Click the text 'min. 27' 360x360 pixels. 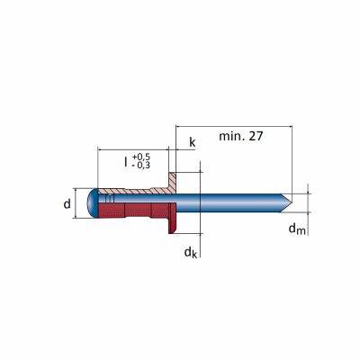[241, 136]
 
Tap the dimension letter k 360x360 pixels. [192, 142]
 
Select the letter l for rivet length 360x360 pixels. [126, 162]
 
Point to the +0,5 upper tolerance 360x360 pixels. [141, 157]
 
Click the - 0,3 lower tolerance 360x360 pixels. [141, 165]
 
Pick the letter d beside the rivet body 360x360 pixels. [67, 204]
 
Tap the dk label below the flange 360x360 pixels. [191, 253]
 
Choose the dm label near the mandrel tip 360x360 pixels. [297, 229]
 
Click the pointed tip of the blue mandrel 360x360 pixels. [292, 203]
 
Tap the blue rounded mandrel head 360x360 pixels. [93, 203]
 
